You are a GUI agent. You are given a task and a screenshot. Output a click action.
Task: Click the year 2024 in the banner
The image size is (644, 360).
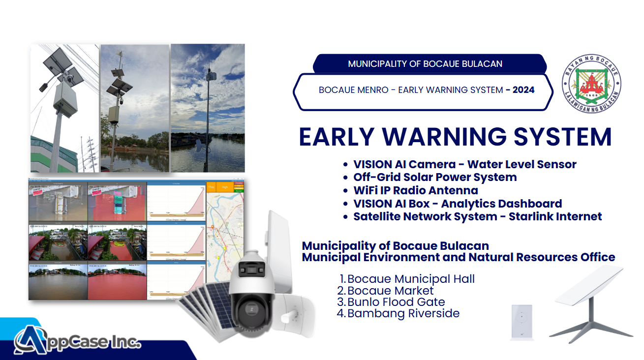coord(523,90)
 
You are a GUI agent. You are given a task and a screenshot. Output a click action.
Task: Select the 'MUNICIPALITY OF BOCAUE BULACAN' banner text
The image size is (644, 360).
coord(425,64)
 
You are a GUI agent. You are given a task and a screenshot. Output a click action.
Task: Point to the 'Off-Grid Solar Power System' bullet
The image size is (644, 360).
coord(435,177)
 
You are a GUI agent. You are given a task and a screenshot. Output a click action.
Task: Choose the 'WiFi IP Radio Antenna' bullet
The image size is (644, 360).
coord(416,190)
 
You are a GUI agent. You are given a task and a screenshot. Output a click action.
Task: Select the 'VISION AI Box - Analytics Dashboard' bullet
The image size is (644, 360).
coord(458,204)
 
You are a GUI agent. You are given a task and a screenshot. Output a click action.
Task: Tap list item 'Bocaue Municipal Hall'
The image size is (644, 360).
coord(411,279)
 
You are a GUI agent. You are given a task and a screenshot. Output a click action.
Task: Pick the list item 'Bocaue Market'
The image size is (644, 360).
coord(391,291)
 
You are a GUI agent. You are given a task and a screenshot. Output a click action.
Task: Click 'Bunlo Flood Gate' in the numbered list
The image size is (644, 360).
coord(396,302)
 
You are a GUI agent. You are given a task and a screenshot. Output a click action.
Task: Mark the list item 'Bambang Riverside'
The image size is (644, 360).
coord(403,313)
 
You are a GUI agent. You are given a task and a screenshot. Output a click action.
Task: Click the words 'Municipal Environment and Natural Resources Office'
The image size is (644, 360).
coord(459,257)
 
